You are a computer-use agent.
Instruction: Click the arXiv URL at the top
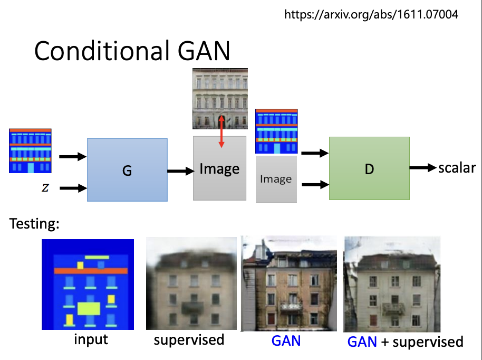pyautogui.click(x=371, y=14)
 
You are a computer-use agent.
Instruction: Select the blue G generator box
pyautogui.click(x=127, y=169)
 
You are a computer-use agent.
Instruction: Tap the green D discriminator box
pyautogui.click(x=369, y=168)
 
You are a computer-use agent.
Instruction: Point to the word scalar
pyautogui.click(x=457, y=168)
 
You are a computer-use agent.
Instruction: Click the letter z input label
pyautogui.click(x=45, y=188)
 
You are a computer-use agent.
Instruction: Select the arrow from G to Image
pyautogui.click(x=180, y=170)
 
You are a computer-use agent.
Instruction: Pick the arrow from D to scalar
pyautogui.click(x=423, y=168)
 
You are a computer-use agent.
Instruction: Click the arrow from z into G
pyautogui.click(x=73, y=188)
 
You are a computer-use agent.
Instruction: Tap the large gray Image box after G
pyautogui.click(x=219, y=168)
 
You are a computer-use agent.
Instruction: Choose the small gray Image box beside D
pyautogui.click(x=276, y=179)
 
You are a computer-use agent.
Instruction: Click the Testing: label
pyautogui.click(x=34, y=224)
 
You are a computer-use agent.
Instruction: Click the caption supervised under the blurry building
pyautogui.click(x=189, y=339)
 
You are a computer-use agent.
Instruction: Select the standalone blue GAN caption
pyautogui.click(x=286, y=340)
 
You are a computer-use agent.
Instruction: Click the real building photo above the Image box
pyautogui.click(x=220, y=99)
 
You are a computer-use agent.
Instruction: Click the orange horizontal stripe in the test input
pyautogui.click(x=88, y=271)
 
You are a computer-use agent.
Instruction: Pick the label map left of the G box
pyautogui.click(x=30, y=150)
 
